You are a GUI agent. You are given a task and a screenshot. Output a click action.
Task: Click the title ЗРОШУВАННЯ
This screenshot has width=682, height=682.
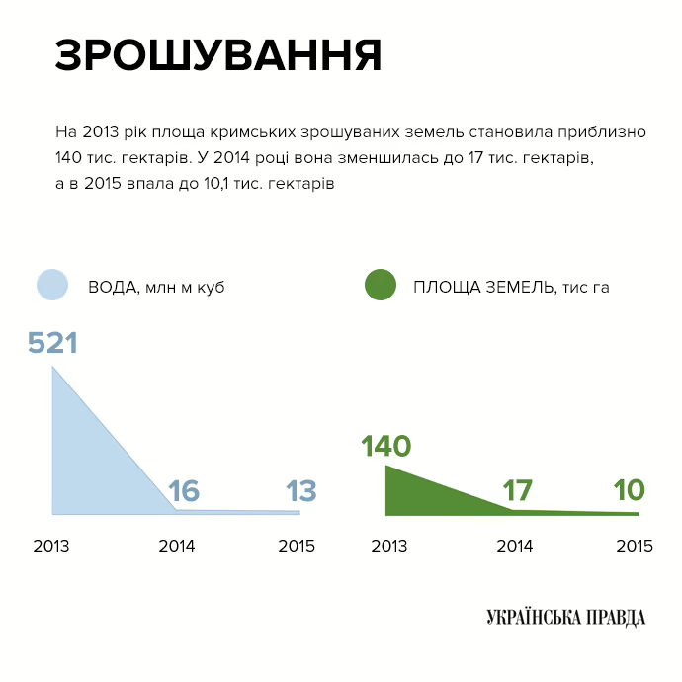[218, 56]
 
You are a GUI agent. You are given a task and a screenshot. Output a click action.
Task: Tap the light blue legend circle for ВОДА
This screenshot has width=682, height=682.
[51, 286]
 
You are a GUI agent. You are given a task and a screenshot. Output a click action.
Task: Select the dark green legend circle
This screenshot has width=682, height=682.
[381, 286]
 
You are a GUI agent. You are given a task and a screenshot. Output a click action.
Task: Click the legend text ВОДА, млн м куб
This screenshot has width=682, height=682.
[156, 287]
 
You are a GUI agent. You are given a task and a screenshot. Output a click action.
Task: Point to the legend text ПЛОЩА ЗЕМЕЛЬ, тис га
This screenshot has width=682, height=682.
[511, 287]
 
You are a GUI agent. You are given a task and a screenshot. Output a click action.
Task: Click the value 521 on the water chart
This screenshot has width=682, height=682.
[52, 343]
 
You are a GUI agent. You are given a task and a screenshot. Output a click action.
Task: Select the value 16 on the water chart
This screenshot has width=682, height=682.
[184, 491]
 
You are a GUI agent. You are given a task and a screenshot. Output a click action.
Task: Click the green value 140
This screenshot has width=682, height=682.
[385, 447]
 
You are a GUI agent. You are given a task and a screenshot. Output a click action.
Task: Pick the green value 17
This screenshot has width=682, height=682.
[517, 490]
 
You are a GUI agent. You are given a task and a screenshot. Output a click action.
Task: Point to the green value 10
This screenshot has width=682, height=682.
[629, 490]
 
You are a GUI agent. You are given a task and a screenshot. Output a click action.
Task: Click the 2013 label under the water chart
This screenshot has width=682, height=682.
[51, 546]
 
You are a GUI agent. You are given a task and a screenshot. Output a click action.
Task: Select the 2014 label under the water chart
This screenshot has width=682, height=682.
[176, 546]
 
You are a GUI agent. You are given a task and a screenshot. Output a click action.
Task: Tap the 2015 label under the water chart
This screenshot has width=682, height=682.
[297, 546]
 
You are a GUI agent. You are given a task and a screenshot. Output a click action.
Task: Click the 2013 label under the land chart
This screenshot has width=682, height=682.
[389, 546]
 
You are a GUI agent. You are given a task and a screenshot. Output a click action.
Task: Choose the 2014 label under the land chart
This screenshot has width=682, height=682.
[514, 546]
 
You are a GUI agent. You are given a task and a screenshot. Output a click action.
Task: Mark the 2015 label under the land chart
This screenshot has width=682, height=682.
[635, 546]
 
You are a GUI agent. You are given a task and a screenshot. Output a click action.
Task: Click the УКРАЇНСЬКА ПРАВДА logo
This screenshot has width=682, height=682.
[565, 618]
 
